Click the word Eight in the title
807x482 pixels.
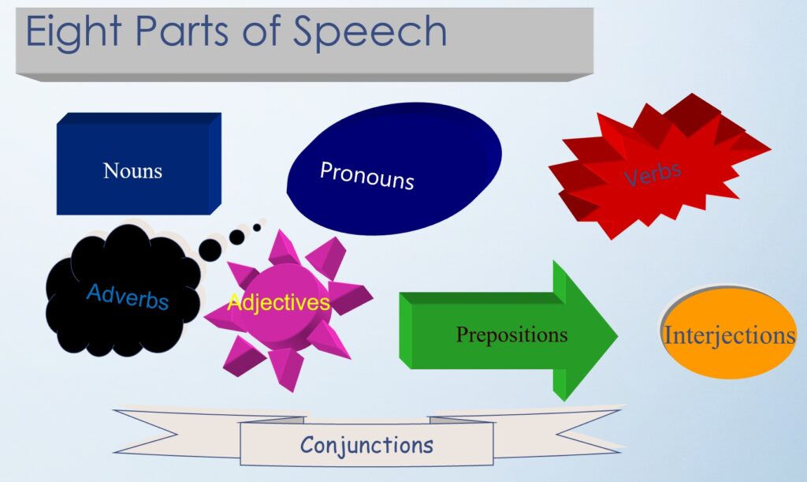[73, 32]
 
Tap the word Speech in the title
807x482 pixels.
[370, 32]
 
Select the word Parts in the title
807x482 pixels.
[180, 31]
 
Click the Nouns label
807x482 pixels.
[132, 170]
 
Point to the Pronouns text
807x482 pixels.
[367, 176]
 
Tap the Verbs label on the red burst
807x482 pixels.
[653, 173]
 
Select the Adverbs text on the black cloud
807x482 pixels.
[128, 296]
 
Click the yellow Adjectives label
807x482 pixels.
[278, 302]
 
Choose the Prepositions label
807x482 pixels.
[512, 334]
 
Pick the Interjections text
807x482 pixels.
[729, 335]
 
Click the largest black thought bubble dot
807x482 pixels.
[210, 250]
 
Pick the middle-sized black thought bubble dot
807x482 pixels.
[236, 237]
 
